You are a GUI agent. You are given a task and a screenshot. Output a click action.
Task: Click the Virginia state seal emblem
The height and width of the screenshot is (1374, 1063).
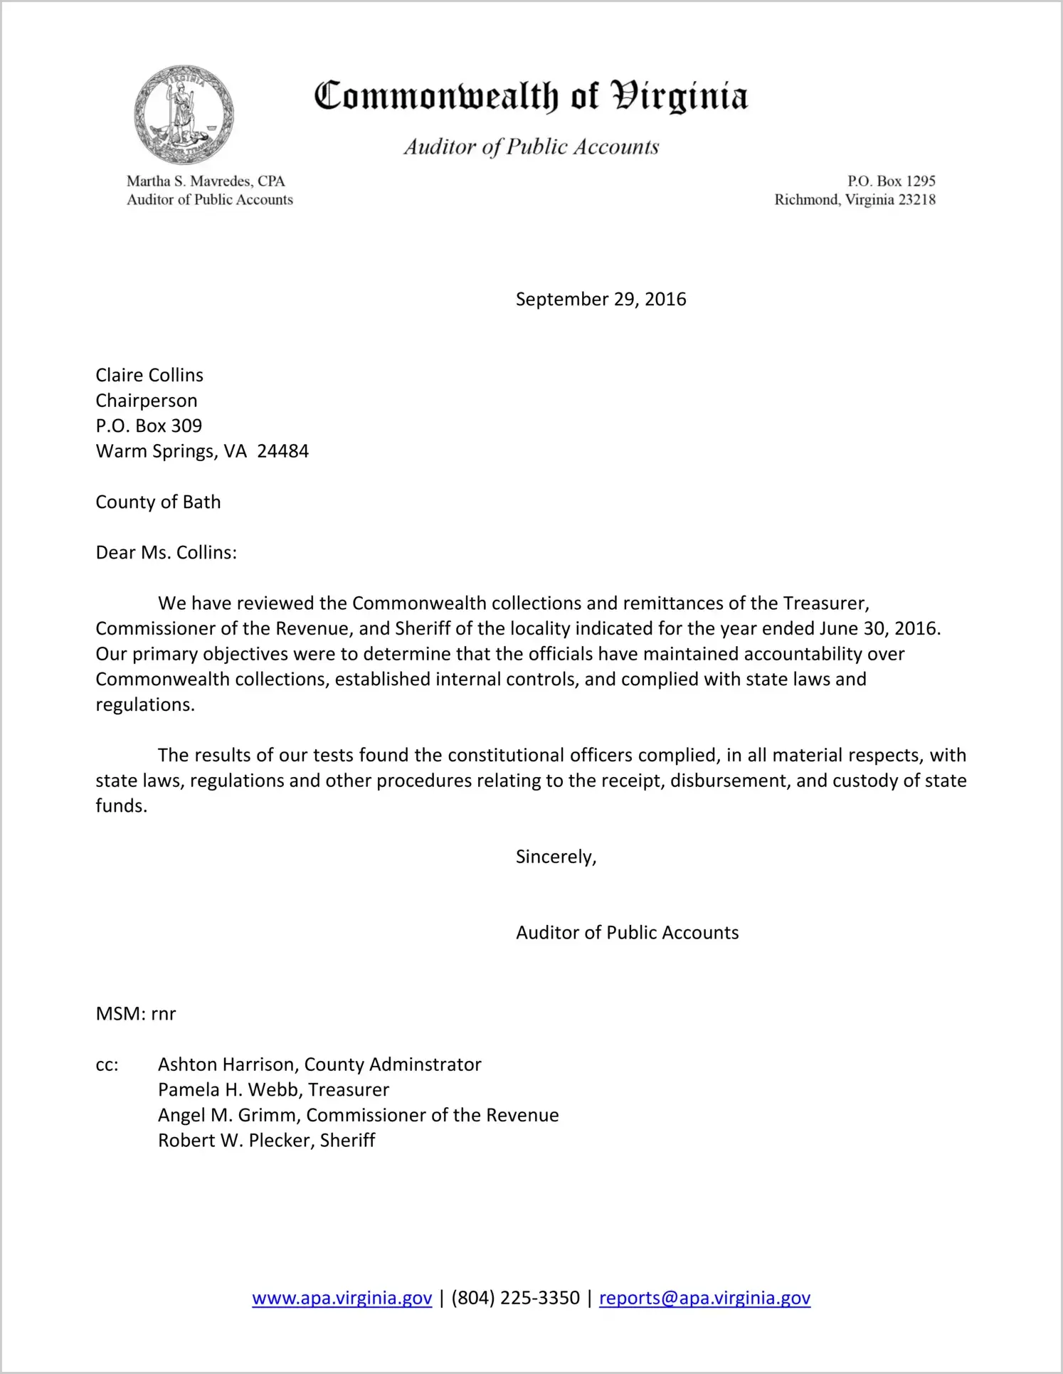(184, 115)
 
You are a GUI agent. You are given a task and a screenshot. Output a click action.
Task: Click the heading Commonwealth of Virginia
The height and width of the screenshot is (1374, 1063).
(531, 96)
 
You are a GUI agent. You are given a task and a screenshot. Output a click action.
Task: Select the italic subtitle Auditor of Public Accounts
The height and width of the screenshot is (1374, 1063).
(531, 147)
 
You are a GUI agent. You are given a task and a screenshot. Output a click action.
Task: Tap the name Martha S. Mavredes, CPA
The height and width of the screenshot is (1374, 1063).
(206, 181)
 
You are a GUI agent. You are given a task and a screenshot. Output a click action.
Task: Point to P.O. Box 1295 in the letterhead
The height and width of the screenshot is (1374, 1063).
(891, 181)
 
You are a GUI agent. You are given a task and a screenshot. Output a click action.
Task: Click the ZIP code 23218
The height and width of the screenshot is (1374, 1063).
(916, 199)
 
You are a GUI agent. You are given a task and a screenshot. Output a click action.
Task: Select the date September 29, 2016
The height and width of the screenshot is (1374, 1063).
(601, 299)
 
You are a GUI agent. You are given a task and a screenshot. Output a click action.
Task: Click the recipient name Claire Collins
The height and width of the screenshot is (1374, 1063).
(149, 375)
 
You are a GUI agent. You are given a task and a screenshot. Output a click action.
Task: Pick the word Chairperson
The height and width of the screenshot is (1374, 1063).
(147, 401)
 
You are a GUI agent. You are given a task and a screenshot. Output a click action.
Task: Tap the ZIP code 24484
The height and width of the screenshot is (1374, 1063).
(282, 451)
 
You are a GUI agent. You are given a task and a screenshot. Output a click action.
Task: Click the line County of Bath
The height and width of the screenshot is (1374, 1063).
(158, 502)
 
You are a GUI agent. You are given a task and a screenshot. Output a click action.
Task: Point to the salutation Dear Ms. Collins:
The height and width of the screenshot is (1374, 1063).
(166, 552)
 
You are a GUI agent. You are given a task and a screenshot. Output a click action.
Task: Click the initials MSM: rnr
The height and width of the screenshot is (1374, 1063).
(135, 1013)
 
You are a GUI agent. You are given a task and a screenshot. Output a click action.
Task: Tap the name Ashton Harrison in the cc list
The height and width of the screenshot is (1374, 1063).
(228, 1064)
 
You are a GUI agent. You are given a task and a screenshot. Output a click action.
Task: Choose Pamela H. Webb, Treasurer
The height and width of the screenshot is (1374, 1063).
(273, 1089)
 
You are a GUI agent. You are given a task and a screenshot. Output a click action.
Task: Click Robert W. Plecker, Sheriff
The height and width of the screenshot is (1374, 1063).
(266, 1140)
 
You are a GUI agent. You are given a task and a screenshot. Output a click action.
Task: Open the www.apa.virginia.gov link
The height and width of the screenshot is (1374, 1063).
(342, 1298)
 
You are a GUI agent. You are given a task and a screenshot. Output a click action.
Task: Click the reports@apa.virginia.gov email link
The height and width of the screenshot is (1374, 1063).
(704, 1298)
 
